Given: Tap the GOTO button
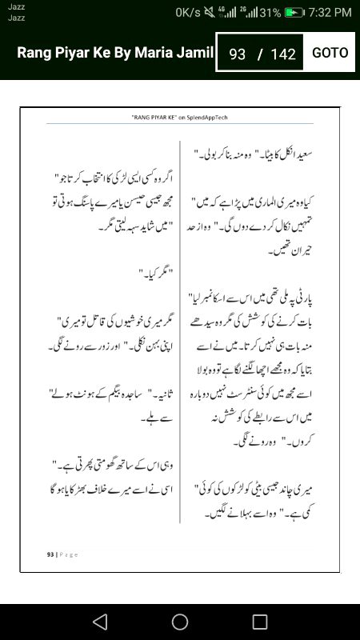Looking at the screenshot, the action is [x=330, y=53].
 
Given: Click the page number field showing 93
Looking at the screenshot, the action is [x=237, y=54].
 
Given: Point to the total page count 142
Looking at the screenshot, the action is [x=283, y=54].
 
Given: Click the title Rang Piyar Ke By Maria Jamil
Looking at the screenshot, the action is [x=115, y=53].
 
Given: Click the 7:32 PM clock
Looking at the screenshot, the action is [x=330, y=13].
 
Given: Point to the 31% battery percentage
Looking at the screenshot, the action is [x=270, y=13].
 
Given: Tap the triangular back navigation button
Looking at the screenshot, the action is [x=99, y=622].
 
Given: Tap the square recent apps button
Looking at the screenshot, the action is [x=260, y=622].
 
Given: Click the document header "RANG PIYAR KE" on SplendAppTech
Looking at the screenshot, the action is [x=180, y=117].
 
